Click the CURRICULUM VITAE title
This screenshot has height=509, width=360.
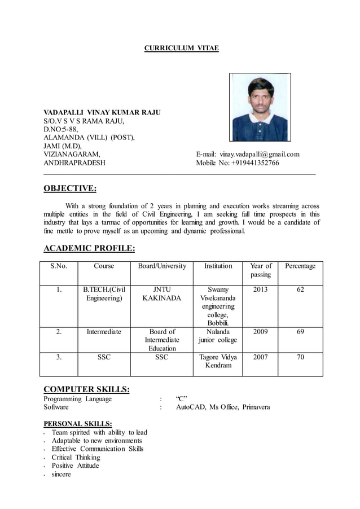(181, 49)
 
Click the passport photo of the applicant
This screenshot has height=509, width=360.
(260, 107)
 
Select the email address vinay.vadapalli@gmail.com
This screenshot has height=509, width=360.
(260, 154)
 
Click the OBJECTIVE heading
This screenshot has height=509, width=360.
(70, 188)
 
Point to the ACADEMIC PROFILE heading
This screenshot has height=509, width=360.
(89, 248)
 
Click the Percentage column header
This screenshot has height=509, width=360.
(300, 266)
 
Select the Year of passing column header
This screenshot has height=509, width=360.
(261, 270)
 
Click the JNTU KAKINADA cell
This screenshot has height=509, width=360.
(162, 293)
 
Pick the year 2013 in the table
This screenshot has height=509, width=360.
(261, 289)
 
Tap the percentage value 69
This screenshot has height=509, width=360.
(300, 332)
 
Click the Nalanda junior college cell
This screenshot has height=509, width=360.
(218, 336)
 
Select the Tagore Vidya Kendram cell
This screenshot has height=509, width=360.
(218, 361)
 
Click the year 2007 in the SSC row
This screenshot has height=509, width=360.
(261, 357)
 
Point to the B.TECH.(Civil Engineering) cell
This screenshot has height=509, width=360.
(104, 293)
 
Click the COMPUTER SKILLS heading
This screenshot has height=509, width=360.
(87, 389)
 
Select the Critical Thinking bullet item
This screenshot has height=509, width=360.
(76, 457)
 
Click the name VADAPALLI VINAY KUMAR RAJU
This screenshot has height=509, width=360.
(102, 113)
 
